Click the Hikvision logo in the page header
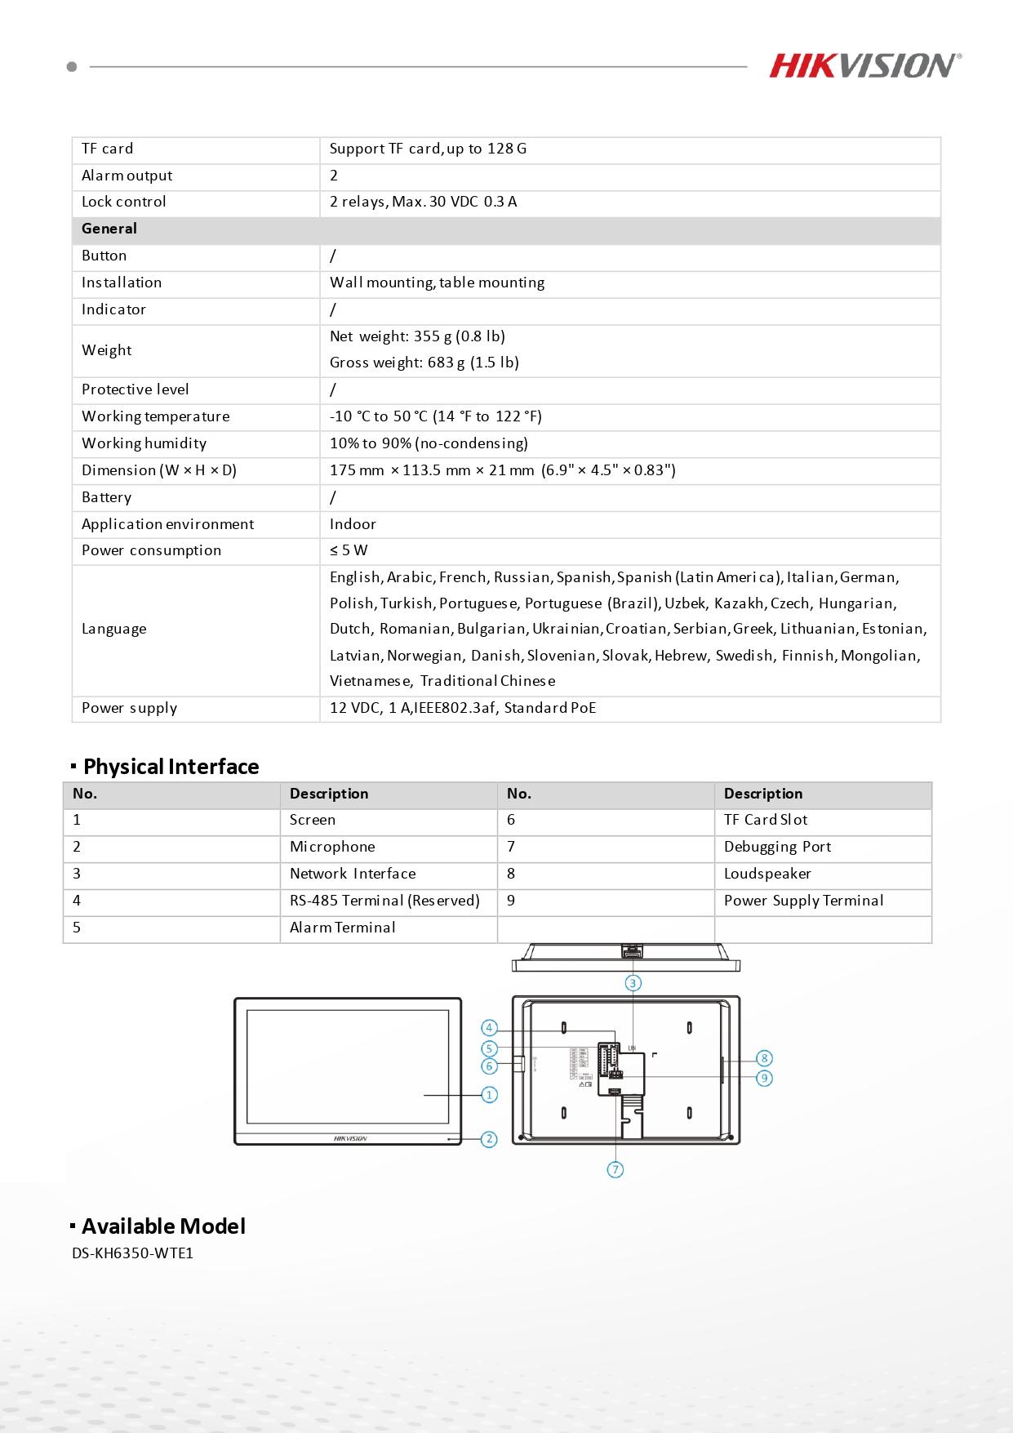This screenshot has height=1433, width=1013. tap(864, 65)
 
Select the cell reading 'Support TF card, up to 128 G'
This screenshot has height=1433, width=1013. tap(428, 149)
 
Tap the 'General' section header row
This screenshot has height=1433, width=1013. tap(109, 229)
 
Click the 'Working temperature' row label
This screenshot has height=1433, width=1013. tap(155, 416)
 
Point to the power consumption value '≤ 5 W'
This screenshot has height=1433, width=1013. tap(349, 550)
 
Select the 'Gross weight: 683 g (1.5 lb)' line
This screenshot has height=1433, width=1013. tap(424, 363)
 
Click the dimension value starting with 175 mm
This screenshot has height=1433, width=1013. tap(502, 470)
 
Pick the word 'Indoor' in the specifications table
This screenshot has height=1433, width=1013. tap(353, 524)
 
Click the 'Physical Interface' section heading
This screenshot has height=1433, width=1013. tap(171, 767)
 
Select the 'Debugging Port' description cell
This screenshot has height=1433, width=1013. tap(776, 847)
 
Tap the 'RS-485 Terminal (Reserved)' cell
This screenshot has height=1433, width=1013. tap(384, 901)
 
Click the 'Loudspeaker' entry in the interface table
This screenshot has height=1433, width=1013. tap(766, 874)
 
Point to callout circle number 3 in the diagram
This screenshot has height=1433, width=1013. tap(633, 983)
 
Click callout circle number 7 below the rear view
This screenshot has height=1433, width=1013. tap(615, 1169)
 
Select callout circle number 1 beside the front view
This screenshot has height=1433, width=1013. tap(489, 1094)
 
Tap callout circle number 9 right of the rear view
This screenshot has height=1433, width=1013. tap(764, 1078)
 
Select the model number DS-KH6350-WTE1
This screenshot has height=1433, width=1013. tap(132, 1253)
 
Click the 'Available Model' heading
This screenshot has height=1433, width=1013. tap(163, 1226)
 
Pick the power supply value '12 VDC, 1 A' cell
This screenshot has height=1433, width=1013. tap(462, 708)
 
